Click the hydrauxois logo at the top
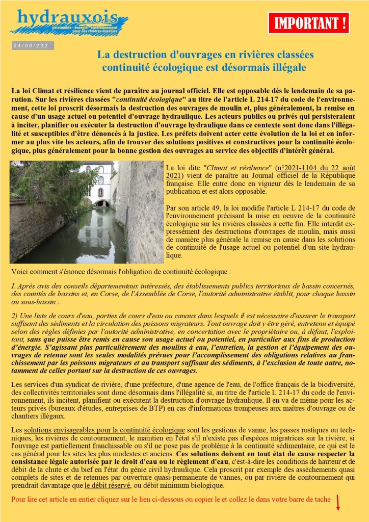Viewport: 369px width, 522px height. [71, 21]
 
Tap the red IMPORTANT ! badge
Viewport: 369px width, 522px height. [309, 23]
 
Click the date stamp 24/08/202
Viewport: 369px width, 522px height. [32, 46]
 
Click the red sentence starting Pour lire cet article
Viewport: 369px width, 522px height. [170, 499]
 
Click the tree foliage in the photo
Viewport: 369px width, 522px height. [46, 184]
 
